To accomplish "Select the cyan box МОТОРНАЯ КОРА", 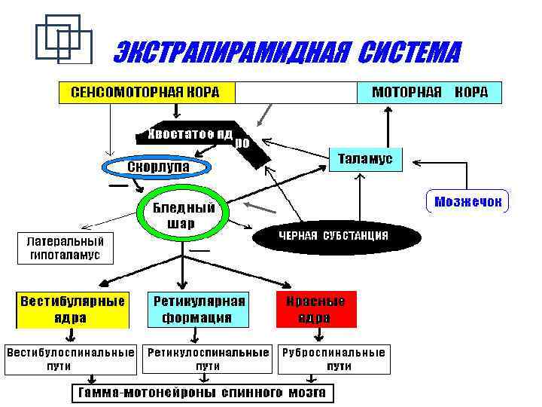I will (x=428, y=93).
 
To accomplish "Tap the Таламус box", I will (x=366, y=159).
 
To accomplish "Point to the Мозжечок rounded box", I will (x=467, y=201).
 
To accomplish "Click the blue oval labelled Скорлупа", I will (x=157, y=166).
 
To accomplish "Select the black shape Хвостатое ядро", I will (x=196, y=135).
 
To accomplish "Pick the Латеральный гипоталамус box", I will (x=65, y=248).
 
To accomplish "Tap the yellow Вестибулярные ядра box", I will (x=72, y=309).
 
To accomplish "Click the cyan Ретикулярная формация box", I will (x=199, y=309).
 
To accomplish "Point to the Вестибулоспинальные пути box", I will (x=72, y=359).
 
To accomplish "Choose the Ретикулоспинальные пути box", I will (x=208, y=359).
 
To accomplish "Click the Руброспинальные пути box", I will (x=333, y=359).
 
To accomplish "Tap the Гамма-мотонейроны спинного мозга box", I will (x=203, y=393).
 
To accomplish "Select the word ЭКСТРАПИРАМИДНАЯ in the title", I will (x=230, y=54).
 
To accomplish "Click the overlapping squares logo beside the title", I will (x=63, y=38).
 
